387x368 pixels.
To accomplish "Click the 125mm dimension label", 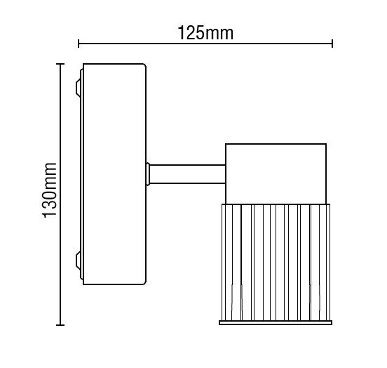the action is pyautogui.click(x=205, y=33).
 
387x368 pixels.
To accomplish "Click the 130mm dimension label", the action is pyautogui.click(x=50, y=190).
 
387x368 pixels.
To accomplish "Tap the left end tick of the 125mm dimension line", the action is pyautogui.click(x=79, y=44).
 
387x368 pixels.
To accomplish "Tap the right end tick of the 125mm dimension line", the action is pyautogui.click(x=332, y=44).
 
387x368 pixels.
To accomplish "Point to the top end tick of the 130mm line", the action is pyautogui.click(x=60, y=64).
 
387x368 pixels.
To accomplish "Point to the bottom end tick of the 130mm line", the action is pyautogui.click(x=60, y=325).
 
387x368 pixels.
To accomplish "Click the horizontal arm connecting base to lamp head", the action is pyautogui.click(x=187, y=174).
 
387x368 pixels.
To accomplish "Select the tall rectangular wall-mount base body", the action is pyautogui.click(x=114, y=174).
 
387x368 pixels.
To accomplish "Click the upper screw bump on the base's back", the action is pyautogui.click(x=78, y=88).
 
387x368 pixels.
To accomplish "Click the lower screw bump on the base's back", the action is pyautogui.click(x=78, y=261).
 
